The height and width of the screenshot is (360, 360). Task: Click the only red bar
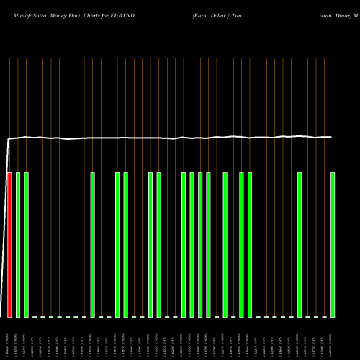[10, 245]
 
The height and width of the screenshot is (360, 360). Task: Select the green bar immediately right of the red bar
[18, 245]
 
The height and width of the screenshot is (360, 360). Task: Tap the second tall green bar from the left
[27, 245]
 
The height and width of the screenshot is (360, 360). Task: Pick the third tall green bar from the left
[93, 245]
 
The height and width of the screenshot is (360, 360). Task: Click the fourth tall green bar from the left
[117, 245]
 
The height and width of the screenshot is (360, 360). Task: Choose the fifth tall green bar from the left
[126, 245]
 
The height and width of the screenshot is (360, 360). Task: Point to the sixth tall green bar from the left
[150, 245]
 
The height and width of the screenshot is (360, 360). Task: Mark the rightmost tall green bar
[333, 245]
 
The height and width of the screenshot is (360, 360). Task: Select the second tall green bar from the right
[300, 245]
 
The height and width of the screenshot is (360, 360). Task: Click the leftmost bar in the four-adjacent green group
[184, 245]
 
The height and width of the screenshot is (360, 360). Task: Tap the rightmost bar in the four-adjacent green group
[209, 245]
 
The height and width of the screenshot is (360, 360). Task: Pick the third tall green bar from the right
[250, 245]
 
